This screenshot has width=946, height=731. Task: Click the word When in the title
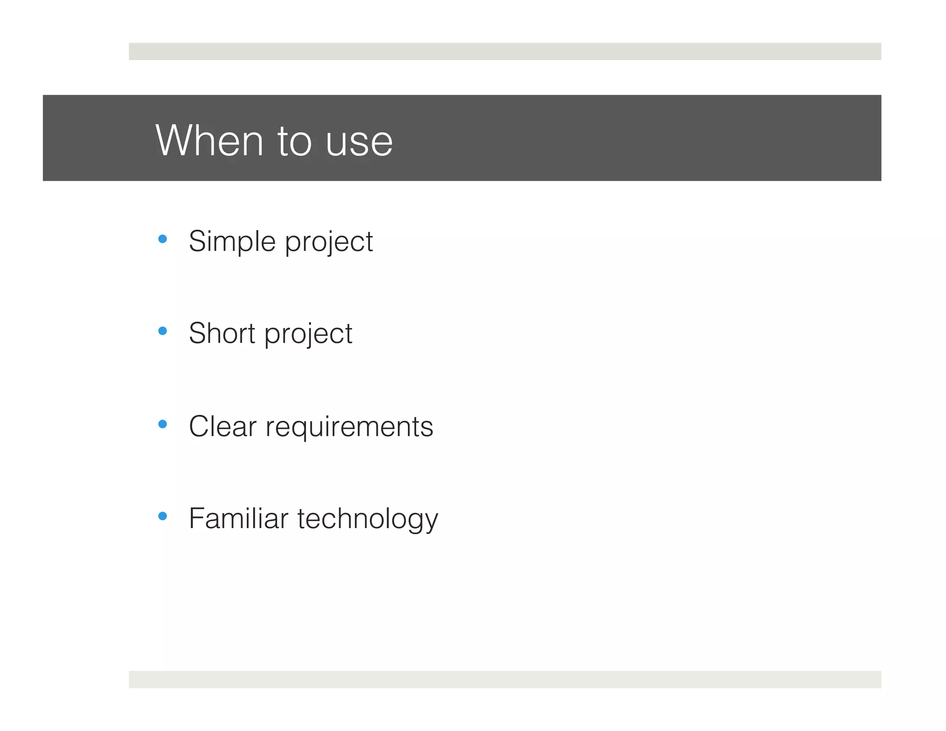click(x=209, y=140)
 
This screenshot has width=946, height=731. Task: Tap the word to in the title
click(x=294, y=140)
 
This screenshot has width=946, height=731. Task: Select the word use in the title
click(x=359, y=142)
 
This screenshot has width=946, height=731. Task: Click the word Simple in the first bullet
click(x=232, y=242)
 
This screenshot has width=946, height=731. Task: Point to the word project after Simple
click(x=328, y=243)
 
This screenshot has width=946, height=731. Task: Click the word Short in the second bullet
click(x=222, y=333)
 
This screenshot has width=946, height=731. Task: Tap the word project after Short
click(x=308, y=335)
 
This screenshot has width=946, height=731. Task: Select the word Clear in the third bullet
click(x=223, y=426)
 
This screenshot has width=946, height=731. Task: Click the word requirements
click(x=349, y=427)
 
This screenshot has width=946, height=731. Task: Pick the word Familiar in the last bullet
click(x=238, y=518)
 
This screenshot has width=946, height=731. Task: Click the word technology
click(x=367, y=519)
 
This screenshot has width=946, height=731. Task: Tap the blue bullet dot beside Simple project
click(x=162, y=239)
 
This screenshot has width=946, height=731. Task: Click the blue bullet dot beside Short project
click(x=162, y=331)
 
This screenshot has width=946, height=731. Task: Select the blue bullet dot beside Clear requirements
click(x=162, y=424)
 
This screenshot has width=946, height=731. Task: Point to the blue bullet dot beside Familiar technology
click(x=162, y=516)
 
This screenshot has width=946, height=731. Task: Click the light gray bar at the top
click(x=504, y=51)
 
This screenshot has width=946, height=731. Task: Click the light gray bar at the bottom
click(x=504, y=679)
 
